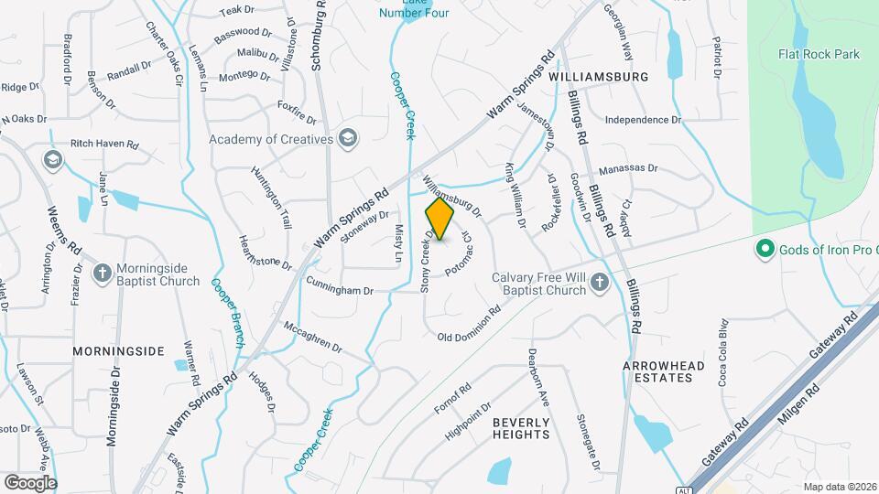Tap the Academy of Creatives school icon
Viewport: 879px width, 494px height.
point(347,139)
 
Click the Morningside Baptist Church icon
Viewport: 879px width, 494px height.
point(103,272)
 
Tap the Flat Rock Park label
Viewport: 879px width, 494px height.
point(819,54)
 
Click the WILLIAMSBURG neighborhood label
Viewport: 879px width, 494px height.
point(599,78)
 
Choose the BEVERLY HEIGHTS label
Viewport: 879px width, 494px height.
point(521,428)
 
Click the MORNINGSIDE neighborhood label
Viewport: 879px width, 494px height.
point(118,350)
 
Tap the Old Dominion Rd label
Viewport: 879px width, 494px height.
point(469,324)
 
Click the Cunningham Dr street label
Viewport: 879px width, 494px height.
point(340,286)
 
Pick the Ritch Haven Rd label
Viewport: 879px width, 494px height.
point(104,145)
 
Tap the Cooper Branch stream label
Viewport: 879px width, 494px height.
point(226,313)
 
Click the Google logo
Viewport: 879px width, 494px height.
point(30,483)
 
